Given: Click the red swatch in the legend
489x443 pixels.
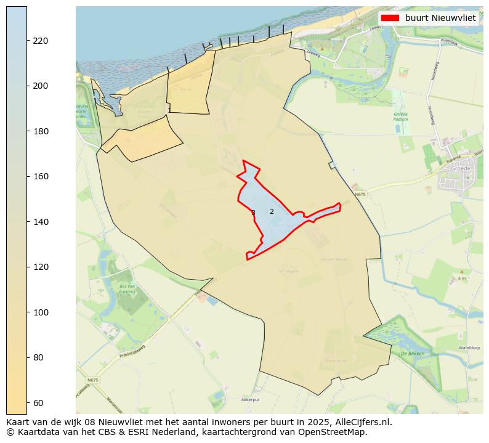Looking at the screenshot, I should click(390, 18).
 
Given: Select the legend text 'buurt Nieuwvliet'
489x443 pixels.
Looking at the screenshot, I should click(440, 18).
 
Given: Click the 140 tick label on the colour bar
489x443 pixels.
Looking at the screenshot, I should click(41, 222).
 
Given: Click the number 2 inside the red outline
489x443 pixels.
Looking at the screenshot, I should click(272, 211).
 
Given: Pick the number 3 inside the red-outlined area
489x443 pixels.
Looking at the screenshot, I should click(253, 213).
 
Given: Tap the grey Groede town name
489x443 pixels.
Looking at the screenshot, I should click(461, 168).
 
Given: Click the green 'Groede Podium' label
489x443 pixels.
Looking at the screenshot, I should click(401, 116).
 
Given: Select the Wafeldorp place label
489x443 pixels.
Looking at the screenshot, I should click(469, 348).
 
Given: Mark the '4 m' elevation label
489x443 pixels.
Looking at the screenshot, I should click(461, 278).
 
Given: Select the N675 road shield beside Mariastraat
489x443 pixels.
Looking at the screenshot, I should click(92, 380).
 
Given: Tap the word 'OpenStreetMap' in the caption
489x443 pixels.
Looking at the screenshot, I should click(336, 432).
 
